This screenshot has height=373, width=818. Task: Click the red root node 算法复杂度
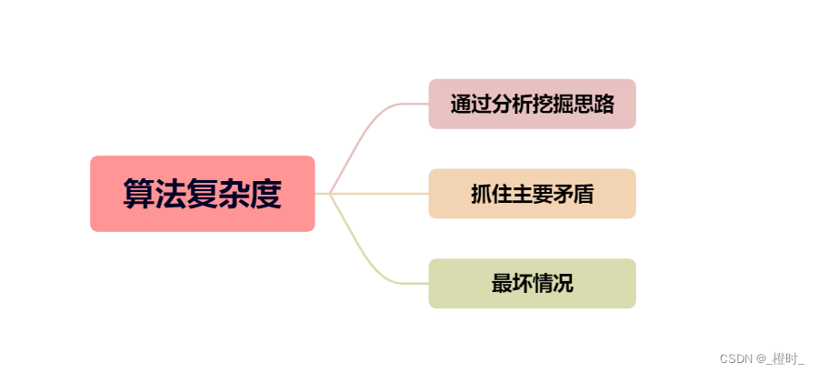202,193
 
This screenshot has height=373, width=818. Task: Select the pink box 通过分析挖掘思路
532,104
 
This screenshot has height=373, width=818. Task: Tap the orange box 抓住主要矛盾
532,194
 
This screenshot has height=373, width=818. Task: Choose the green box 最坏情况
532,283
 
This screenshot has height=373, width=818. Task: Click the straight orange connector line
382,194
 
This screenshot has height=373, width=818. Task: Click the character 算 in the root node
139,194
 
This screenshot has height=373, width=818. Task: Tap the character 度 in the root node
264,194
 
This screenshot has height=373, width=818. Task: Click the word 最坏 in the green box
512,283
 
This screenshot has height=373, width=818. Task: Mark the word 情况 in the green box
553,283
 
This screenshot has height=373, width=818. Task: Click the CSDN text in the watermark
734,358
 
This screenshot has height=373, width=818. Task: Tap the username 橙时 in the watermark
787,358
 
